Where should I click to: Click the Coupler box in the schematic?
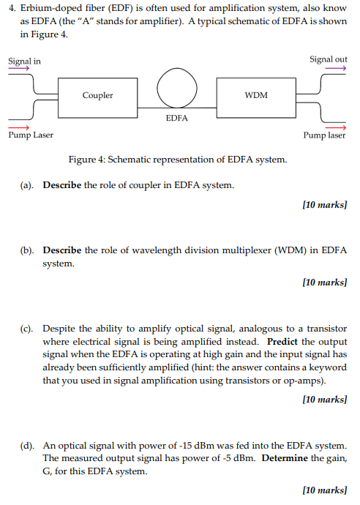tap(98, 96)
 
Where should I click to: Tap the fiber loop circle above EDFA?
tap(176, 88)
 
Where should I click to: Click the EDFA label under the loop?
tap(177, 117)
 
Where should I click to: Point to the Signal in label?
tap(25, 61)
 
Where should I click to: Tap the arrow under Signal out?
tap(334, 68)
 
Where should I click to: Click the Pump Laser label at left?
tap(31, 135)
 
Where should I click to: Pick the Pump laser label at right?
tap(324, 135)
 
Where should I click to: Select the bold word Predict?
tap(282, 342)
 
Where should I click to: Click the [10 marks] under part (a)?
tap(324, 205)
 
